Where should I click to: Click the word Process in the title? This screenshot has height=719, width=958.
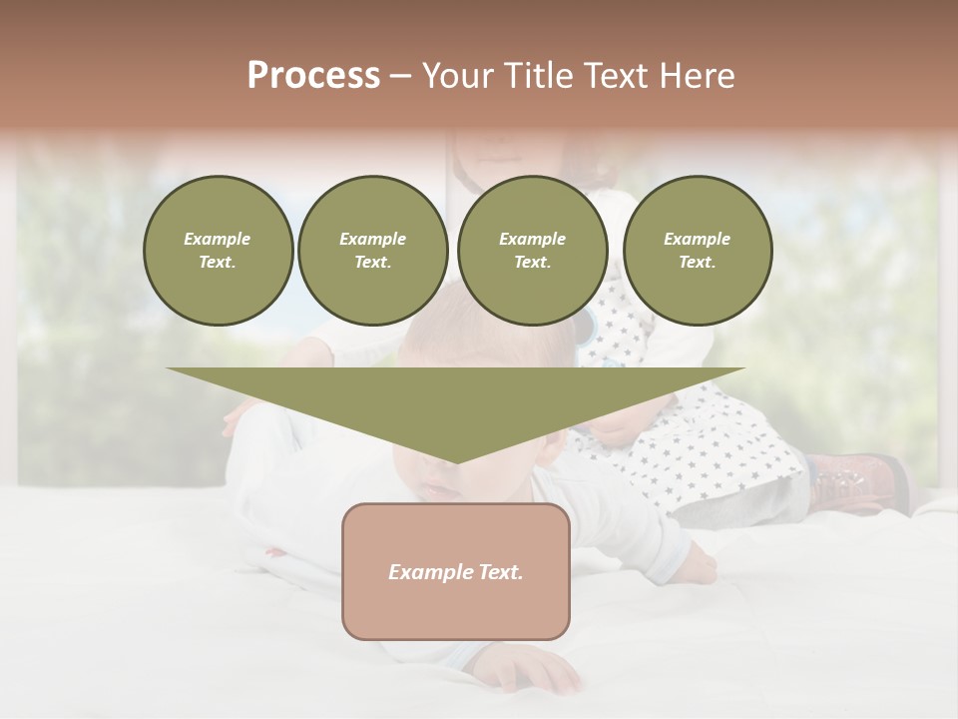click(313, 76)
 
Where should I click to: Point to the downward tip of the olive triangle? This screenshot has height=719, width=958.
click(456, 461)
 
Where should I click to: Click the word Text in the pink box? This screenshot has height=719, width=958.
click(499, 572)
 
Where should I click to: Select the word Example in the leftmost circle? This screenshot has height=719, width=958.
click(218, 239)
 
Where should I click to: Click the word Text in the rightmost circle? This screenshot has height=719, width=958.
click(697, 262)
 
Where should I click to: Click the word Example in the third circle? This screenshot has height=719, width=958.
click(532, 239)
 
